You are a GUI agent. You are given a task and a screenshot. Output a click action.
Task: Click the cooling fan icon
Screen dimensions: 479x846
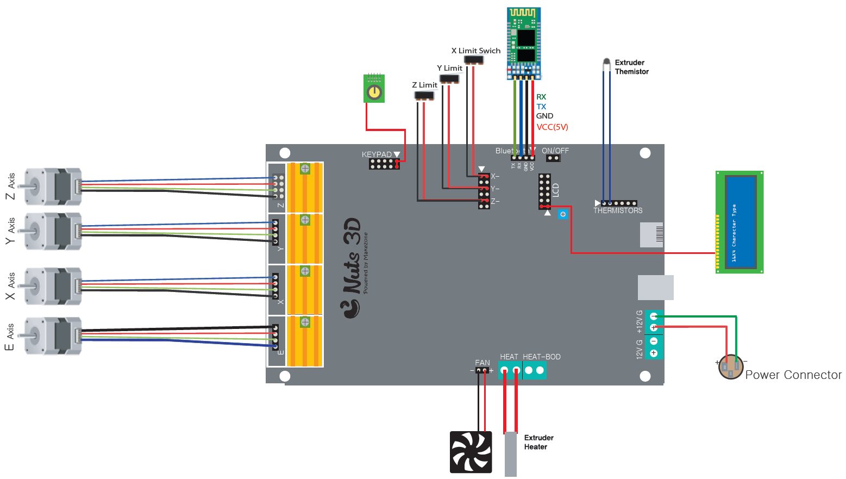[x=471, y=452]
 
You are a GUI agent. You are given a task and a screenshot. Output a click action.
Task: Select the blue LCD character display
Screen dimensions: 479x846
[x=740, y=222]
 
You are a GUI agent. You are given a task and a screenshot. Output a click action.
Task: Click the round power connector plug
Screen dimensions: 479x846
[x=730, y=367]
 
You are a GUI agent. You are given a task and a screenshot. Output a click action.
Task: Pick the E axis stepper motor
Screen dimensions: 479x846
[x=53, y=336]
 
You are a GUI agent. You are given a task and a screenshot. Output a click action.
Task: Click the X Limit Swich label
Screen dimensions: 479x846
[x=476, y=51]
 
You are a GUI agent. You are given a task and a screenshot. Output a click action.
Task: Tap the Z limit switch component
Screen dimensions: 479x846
[x=424, y=96]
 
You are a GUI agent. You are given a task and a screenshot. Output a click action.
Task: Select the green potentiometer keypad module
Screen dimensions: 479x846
[x=374, y=89]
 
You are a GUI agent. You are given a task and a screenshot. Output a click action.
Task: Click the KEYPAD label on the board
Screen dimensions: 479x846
[x=377, y=154]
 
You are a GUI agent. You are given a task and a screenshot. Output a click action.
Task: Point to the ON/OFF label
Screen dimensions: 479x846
[x=555, y=151]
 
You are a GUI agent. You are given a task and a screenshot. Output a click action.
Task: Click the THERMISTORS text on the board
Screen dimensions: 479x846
[x=618, y=210]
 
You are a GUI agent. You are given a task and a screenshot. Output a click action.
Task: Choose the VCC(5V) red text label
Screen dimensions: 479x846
[x=552, y=127]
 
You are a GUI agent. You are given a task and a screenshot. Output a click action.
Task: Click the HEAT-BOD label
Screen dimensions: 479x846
[x=542, y=357]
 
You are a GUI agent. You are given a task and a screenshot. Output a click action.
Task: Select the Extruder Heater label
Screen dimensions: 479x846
[x=538, y=442]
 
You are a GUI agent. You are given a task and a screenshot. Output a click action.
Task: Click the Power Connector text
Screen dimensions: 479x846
[x=793, y=375]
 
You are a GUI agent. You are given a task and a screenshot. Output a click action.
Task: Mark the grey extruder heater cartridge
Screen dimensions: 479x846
[x=511, y=454]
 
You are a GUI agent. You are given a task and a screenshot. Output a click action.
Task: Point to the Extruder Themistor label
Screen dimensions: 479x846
[x=631, y=67]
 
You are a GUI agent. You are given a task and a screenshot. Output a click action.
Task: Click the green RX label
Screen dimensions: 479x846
[x=541, y=97]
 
